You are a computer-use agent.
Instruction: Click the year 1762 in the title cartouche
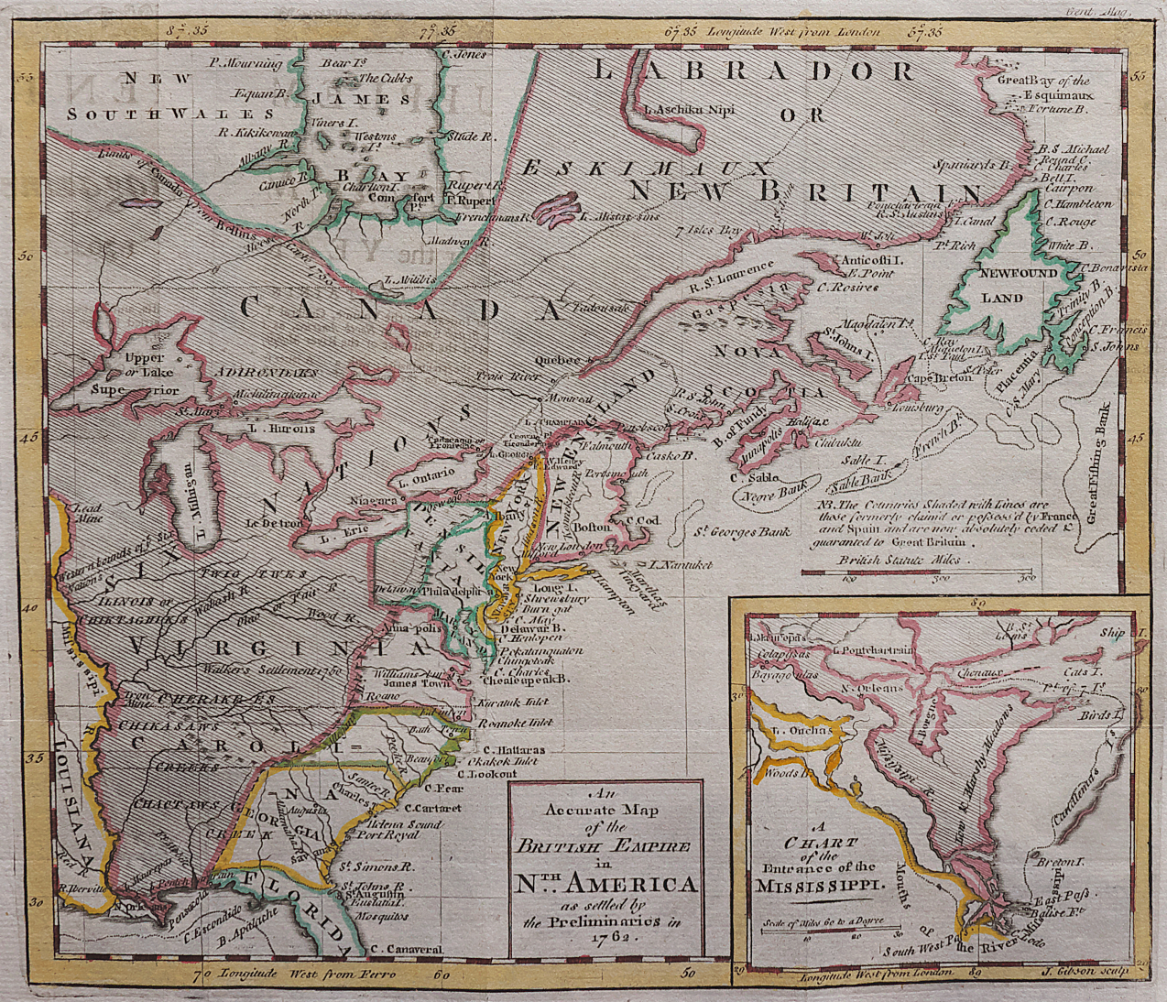(605, 938)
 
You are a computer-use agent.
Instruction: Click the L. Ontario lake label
(427, 474)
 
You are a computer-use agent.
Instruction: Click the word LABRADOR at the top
(752, 72)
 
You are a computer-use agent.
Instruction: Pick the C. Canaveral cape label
(408, 949)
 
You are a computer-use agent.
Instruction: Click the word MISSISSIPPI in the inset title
(819, 886)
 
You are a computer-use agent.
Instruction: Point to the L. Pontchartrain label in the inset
(874, 650)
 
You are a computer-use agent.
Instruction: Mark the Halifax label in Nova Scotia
(807, 422)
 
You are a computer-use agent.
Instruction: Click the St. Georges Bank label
(741, 532)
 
